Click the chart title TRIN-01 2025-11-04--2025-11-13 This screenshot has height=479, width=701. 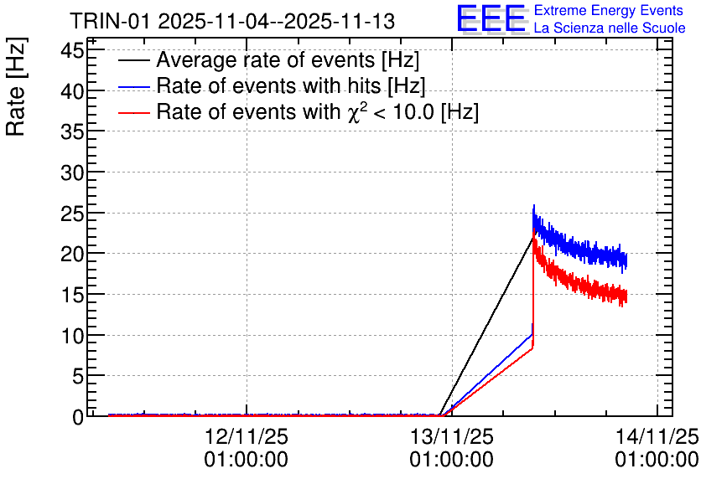click(x=232, y=21)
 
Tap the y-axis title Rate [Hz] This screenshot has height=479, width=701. click(x=16, y=86)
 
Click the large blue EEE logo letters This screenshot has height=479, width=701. click(x=491, y=18)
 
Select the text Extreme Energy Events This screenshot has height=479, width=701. click(x=609, y=10)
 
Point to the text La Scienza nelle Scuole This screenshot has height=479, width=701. click(x=610, y=28)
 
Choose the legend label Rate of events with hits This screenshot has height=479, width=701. click(x=291, y=85)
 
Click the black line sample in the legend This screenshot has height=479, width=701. click(x=133, y=60)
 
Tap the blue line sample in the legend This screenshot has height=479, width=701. click(x=133, y=86)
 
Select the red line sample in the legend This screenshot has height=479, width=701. click(x=133, y=112)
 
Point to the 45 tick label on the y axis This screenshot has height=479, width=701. click(x=72, y=50)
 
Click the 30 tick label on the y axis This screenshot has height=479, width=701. click(x=72, y=173)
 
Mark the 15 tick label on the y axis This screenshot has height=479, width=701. click(x=72, y=295)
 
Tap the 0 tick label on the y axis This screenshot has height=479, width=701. click(x=78, y=417)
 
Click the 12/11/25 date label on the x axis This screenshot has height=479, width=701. click(x=247, y=436)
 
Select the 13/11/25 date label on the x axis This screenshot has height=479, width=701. click(x=451, y=436)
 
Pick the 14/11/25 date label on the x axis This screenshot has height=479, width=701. click(x=657, y=436)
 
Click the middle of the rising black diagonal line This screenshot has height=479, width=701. click(x=486, y=326)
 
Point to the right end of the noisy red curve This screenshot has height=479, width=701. click(x=626, y=296)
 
